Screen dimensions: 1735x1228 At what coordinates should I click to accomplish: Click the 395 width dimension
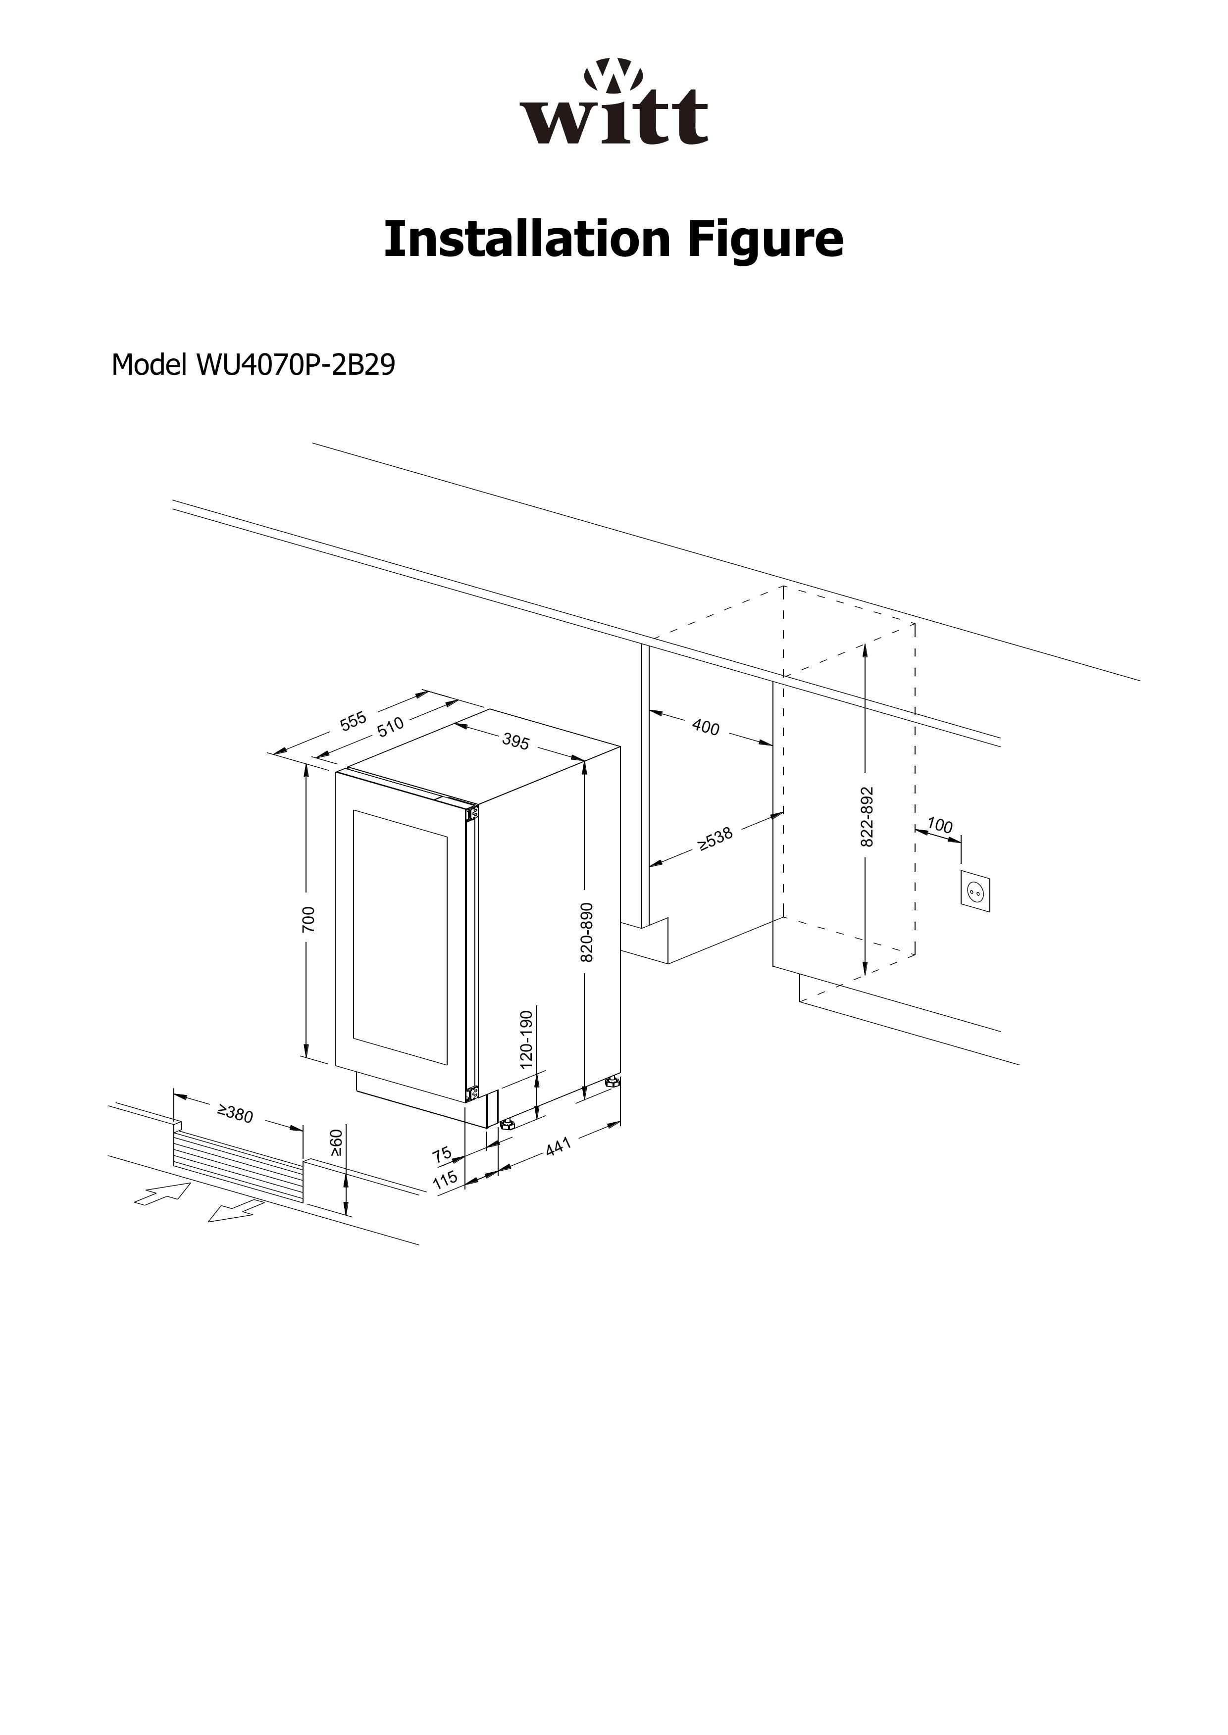pyautogui.click(x=515, y=741)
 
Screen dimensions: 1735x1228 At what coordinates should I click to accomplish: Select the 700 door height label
pyautogui.click(x=308, y=919)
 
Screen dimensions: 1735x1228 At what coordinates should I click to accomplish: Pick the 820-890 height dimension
pyautogui.click(x=587, y=932)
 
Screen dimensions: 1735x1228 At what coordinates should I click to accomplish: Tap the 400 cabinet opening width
pyautogui.click(x=706, y=727)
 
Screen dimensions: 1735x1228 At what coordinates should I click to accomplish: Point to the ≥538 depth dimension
pyautogui.click(x=715, y=839)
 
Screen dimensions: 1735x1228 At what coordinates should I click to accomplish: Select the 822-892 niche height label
pyautogui.click(x=868, y=816)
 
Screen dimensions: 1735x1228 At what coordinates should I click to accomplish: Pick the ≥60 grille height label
pyautogui.click(x=337, y=1142)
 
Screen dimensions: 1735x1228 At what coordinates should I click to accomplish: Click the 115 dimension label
pyautogui.click(x=445, y=1178)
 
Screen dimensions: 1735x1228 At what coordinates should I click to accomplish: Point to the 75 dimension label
pyautogui.click(x=442, y=1154)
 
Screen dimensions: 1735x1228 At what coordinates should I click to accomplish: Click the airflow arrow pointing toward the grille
pyautogui.click(x=162, y=1194)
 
